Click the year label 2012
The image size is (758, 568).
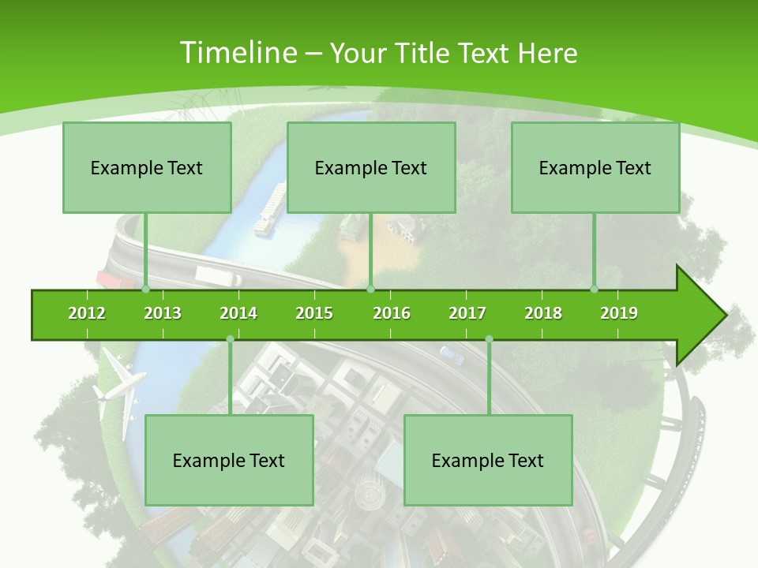click(87, 313)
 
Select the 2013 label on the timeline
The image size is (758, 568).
click(163, 313)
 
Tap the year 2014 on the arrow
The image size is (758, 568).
click(238, 313)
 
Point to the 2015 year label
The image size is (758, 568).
click(314, 313)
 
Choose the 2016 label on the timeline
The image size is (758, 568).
click(392, 313)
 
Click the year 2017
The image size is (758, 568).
click(467, 313)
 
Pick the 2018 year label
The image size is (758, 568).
click(543, 313)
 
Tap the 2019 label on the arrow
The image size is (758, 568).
click(619, 313)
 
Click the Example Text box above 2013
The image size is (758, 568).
click(147, 167)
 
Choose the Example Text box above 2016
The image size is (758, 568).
click(371, 167)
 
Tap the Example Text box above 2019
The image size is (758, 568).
click(595, 167)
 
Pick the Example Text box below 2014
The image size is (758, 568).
click(229, 460)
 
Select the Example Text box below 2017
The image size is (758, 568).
click(488, 460)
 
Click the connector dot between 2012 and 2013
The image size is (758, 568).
click(146, 290)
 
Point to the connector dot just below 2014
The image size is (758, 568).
click(230, 339)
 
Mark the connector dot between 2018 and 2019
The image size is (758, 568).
click(595, 290)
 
